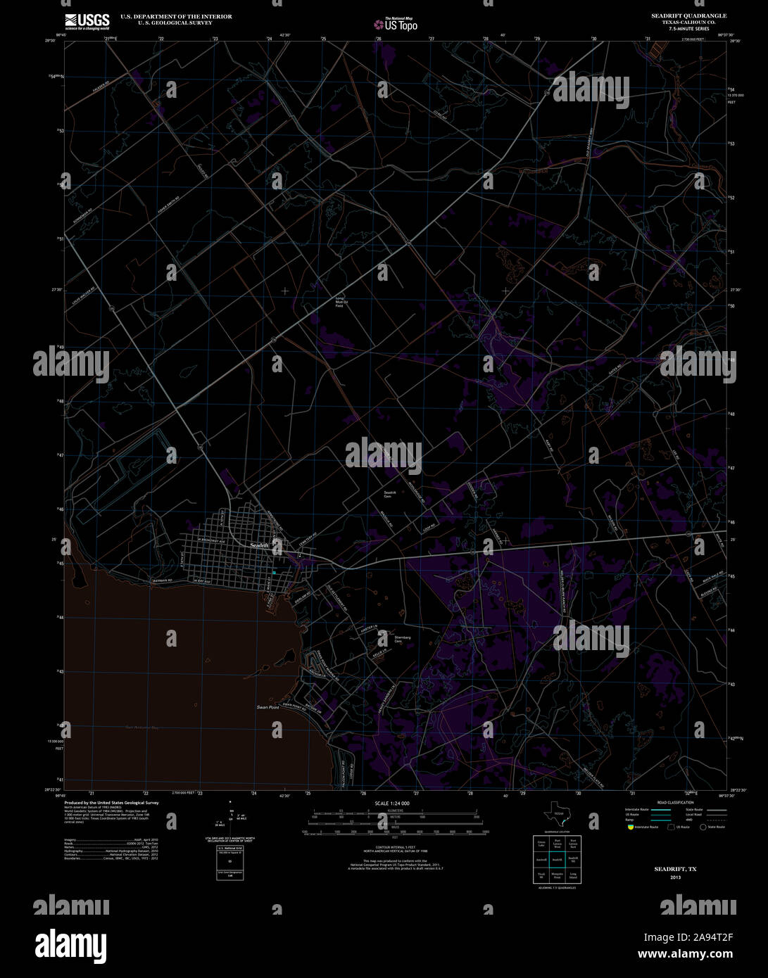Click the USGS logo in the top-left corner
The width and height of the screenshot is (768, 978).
click(x=87, y=22)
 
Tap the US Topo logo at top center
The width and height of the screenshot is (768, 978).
click(x=396, y=25)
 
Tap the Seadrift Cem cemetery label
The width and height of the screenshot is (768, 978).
click(x=390, y=495)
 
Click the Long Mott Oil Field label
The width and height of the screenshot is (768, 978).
click(x=339, y=303)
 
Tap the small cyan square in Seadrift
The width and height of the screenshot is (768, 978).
click(x=275, y=573)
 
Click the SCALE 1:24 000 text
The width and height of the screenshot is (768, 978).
click(x=392, y=804)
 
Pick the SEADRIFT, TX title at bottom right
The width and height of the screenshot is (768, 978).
click(x=675, y=869)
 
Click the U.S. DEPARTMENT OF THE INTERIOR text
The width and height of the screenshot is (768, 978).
click(x=176, y=16)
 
